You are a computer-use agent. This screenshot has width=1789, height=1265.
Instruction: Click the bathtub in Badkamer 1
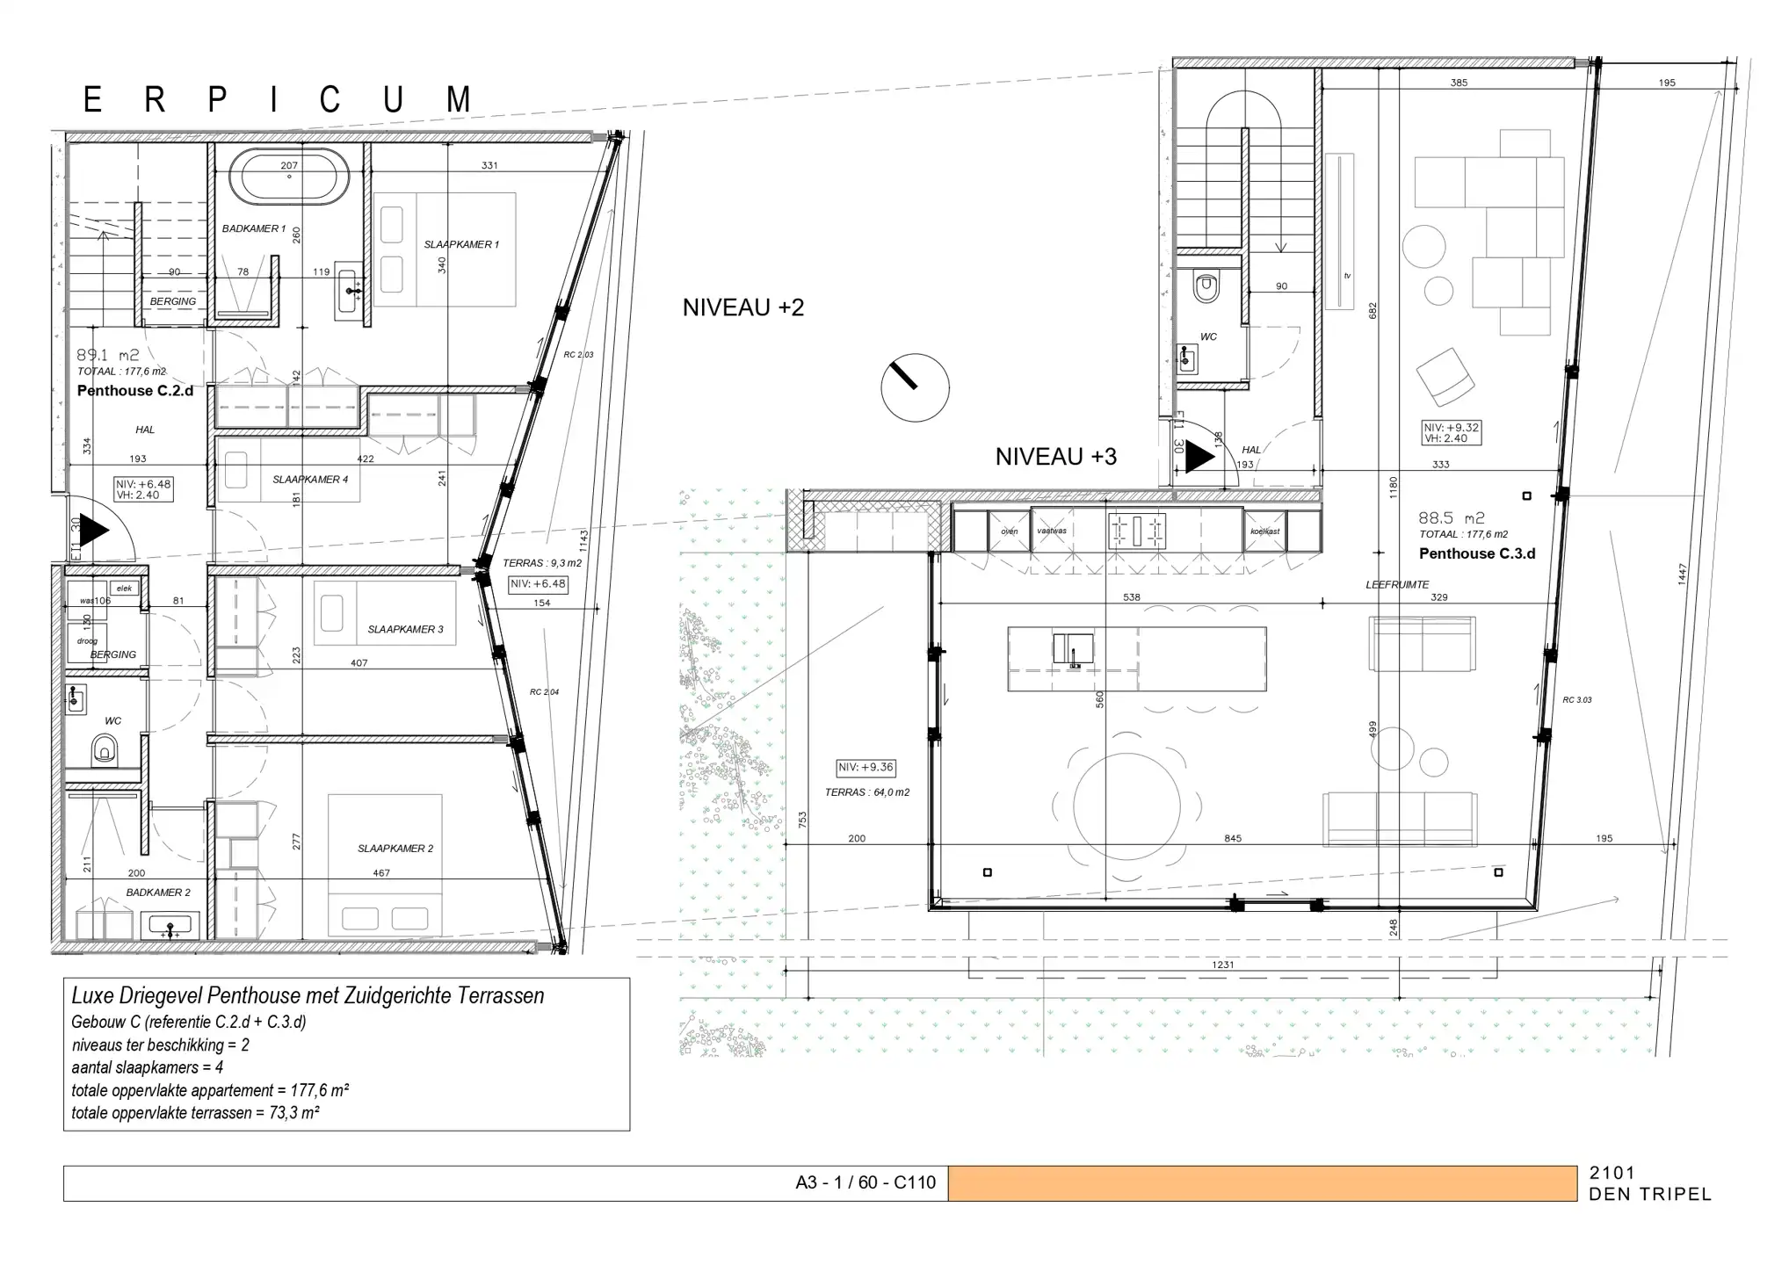[288, 177]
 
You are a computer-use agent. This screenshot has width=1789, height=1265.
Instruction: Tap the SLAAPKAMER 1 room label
[461, 244]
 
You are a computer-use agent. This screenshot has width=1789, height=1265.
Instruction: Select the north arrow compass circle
[915, 387]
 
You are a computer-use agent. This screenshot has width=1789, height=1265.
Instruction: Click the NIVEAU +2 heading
[743, 307]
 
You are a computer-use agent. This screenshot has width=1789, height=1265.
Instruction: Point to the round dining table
[1126, 806]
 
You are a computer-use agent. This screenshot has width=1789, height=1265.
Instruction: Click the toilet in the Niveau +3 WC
[1206, 286]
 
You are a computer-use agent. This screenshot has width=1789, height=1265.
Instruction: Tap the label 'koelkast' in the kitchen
[1264, 531]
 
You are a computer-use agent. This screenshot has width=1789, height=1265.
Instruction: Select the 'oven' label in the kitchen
[1009, 531]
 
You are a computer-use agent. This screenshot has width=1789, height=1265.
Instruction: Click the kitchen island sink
[1073, 649]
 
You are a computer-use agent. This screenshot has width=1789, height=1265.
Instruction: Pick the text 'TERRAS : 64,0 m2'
[866, 792]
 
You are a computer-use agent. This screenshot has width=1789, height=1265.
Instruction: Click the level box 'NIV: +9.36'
[866, 768]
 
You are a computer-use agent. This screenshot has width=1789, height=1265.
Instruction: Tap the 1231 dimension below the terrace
[1222, 965]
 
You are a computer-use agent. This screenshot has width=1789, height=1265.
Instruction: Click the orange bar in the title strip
[1262, 1183]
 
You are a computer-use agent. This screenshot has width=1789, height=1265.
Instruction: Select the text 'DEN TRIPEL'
[1649, 1195]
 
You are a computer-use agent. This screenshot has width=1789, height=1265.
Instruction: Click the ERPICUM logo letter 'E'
[92, 100]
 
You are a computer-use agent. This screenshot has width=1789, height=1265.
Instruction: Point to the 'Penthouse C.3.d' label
[1476, 553]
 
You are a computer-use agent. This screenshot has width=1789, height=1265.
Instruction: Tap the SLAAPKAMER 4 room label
[310, 480]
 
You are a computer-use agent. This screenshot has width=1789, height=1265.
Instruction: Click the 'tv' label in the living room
[1346, 276]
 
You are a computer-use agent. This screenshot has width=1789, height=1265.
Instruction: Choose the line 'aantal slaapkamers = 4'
[148, 1068]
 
